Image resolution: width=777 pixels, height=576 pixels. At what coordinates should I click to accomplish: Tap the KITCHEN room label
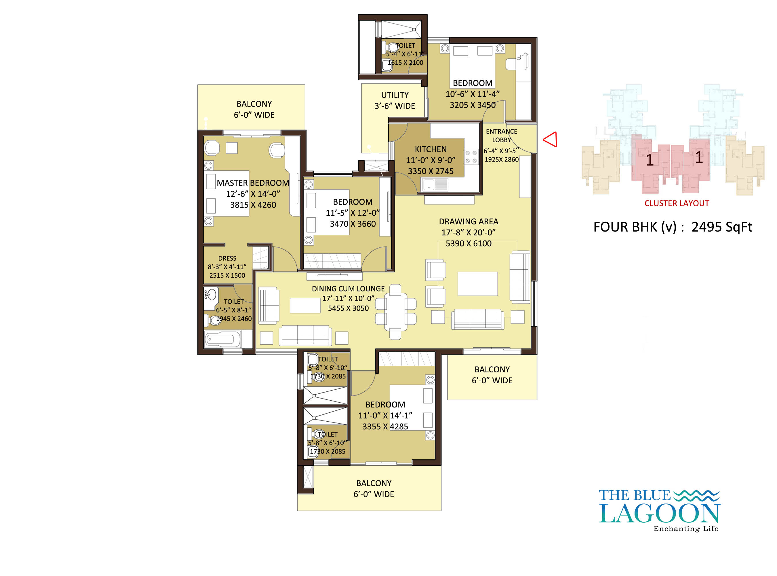coord(431,149)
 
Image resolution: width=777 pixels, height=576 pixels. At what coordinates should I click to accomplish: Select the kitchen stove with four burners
coord(471,157)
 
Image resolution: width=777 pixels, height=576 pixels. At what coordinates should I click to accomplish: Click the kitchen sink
coord(435,185)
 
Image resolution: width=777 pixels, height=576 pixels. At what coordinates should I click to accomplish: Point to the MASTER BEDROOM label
coord(253,183)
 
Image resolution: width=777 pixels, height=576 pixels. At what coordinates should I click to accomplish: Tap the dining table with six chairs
coord(395,312)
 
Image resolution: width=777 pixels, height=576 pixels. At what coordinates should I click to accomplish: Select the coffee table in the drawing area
coord(477,284)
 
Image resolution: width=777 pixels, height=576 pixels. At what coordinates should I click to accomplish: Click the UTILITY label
coord(395,95)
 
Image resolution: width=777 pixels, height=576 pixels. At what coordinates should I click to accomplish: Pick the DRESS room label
coord(227,258)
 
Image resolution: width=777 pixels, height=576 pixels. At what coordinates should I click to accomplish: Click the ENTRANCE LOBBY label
coord(501,136)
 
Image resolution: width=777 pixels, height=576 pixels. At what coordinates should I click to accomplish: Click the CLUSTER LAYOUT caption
coord(677,203)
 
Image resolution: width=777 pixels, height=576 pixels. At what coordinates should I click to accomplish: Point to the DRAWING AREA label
coord(469,221)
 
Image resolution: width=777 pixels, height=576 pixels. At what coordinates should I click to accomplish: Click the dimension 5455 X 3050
coord(348,308)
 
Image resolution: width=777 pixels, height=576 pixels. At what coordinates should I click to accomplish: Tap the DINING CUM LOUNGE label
coord(348,289)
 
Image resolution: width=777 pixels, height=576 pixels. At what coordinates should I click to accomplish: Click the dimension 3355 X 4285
coord(385,427)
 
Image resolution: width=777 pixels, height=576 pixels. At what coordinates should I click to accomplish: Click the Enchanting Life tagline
coord(686,528)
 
